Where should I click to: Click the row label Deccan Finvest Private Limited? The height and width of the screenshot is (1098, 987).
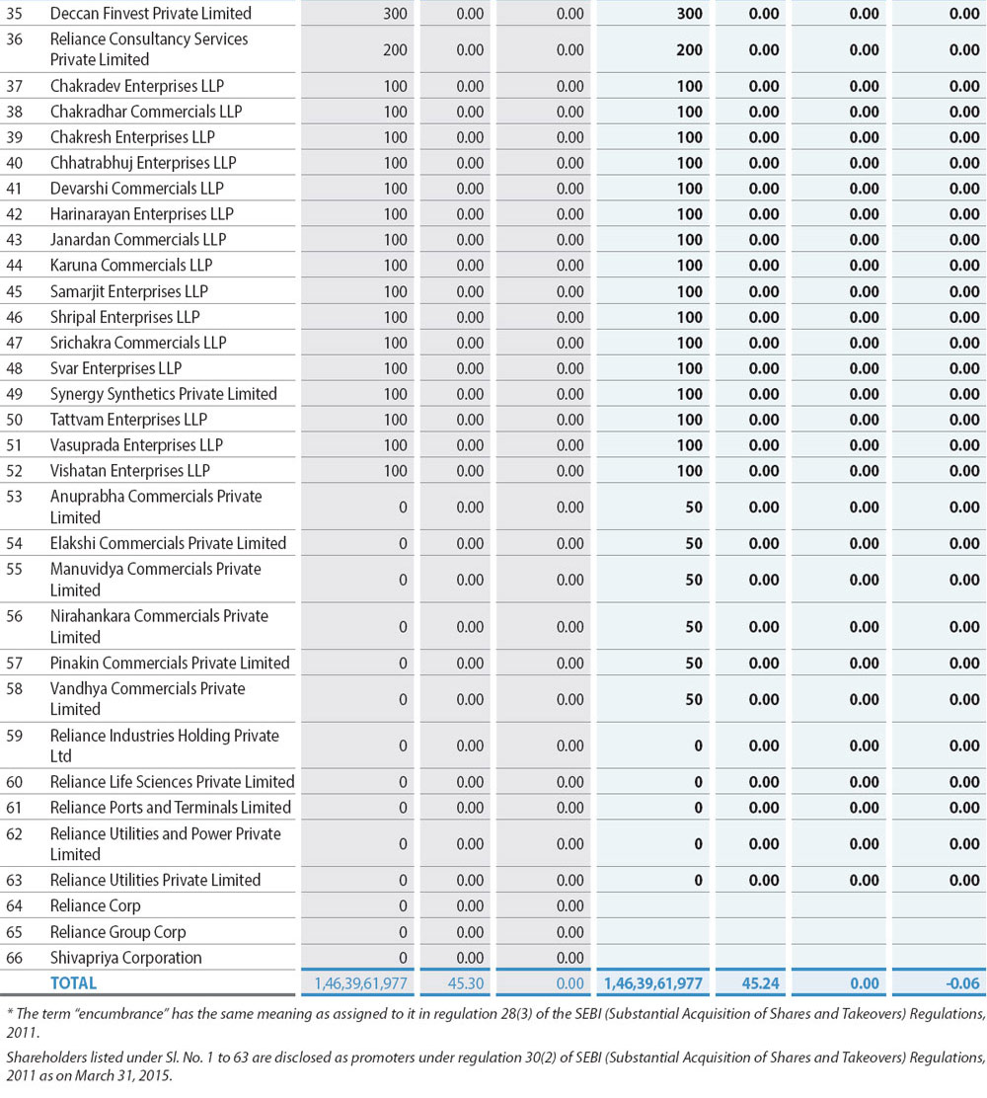click(x=151, y=14)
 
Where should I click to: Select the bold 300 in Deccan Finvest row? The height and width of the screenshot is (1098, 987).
click(x=691, y=14)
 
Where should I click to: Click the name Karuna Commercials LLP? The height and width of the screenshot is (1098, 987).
click(x=131, y=266)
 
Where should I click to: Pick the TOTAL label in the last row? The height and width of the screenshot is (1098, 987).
click(x=73, y=983)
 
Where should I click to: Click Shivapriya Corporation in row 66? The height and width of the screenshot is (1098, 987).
click(x=125, y=958)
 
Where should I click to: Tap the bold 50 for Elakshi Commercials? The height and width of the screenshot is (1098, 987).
click(x=694, y=544)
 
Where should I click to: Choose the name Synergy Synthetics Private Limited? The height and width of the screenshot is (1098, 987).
click(x=164, y=394)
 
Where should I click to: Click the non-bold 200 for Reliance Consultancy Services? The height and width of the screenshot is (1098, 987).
click(x=395, y=49)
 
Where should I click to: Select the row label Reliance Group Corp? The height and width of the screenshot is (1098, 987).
click(x=117, y=932)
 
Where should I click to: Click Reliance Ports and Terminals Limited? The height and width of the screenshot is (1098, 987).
click(x=171, y=808)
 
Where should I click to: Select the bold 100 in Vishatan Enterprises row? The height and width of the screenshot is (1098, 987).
click(x=691, y=471)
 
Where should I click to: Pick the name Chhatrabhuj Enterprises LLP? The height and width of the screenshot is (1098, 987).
click(x=143, y=163)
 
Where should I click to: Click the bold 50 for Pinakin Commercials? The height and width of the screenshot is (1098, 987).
click(x=694, y=664)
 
